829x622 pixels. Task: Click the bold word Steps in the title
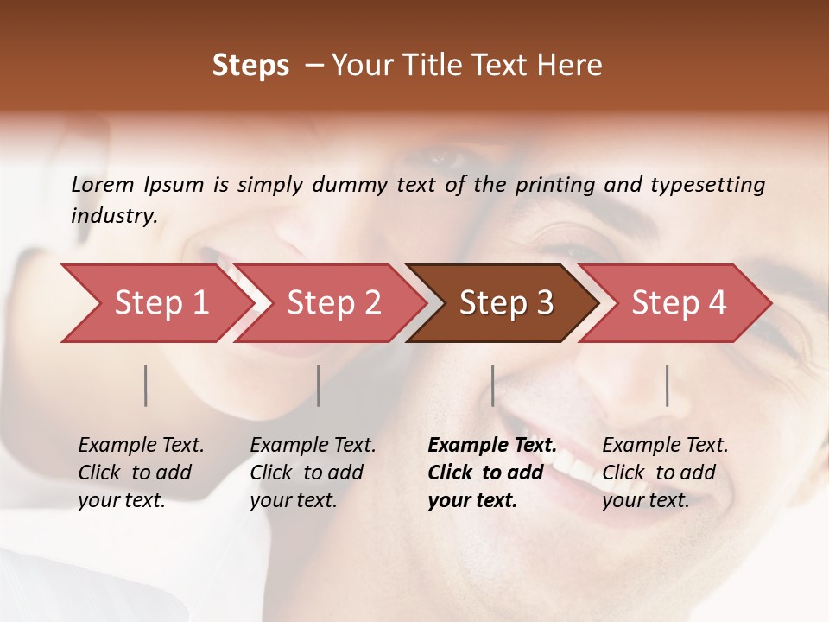tap(250, 66)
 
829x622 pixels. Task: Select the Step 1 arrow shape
tap(155, 303)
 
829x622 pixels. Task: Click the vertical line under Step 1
tap(146, 385)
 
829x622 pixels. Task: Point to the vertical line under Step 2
tap(319, 385)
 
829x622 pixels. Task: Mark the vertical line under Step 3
tap(492, 385)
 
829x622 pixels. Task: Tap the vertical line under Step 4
tap(668, 385)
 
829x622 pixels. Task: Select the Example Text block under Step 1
tap(141, 473)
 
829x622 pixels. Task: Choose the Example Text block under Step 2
tap(313, 473)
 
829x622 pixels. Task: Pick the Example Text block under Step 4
tap(665, 473)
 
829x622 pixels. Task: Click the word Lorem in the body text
tap(103, 184)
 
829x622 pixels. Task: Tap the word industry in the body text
tap(114, 216)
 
